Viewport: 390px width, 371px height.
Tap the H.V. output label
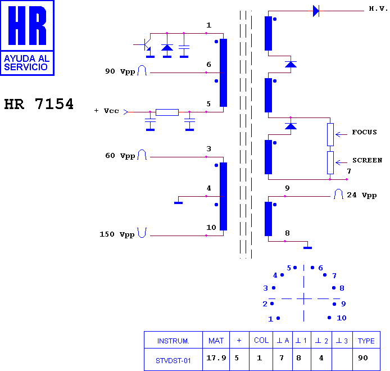[x=378, y=8]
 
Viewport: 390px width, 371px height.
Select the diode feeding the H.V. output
[x=316, y=11]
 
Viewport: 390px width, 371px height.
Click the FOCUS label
[x=364, y=132]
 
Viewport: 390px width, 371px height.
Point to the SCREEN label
[x=367, y=160]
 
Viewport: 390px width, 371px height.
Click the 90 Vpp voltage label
[x=120, y=71]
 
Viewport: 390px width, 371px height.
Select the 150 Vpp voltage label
[x=117, y=234]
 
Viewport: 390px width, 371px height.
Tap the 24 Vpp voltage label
[x=362, y=195]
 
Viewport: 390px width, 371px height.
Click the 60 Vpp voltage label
[x=120, y=156]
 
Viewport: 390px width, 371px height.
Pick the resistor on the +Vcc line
[x=167, y=112]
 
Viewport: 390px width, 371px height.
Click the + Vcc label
[x=106, y=111]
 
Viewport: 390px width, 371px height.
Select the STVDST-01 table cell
[x=173, y=360]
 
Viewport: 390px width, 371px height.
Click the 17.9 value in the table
[x=216, y=358]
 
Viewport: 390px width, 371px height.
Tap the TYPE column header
[x=366, y=341]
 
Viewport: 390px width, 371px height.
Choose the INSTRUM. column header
[x=173, y=341]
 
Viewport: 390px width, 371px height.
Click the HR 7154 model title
[x=39, y=104]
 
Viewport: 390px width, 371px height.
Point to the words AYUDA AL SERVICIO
[x=26, y=63]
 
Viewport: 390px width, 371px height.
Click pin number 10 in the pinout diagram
[x=342, y=318]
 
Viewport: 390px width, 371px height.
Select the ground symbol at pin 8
[x=307, y=248]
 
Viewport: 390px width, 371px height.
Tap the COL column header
[x=261, y=341]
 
